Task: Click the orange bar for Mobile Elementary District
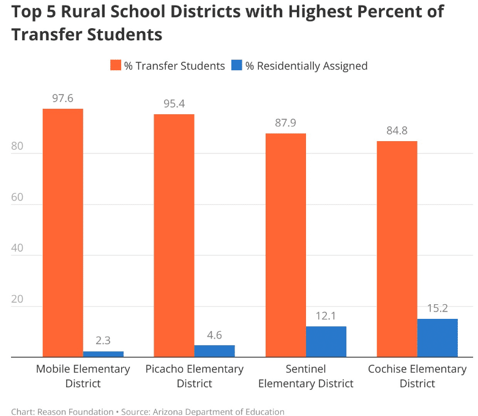pyautogui.click(x=62, y=232)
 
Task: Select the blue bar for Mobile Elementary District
pyautogui.click(x=103, y=354)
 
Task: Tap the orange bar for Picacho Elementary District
pyautogui.click(x=174, y=235)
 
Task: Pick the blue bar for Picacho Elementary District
pyautogui.click(x=214, y=351)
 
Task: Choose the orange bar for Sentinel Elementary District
pyautogui.click(x=285, y=245)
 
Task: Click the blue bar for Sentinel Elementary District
pyautogui.click(x=326, y=341)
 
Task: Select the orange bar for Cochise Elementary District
pyautogui.click(x=397, y=249)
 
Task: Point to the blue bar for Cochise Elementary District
pyautogui.click(x=437, y=337)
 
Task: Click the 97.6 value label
pyautogui.click(x=62, y=98)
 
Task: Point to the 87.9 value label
pyautogui.click(x=285, y=123)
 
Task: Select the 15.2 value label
pyautogui.click(x=437, y=308)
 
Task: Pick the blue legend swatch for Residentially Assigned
pyautogui.click(x=237, y=65)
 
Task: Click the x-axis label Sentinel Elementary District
pyautogui.click(x=306, y=376)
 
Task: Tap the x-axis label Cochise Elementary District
pyautogui.click(x=417, y=376)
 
